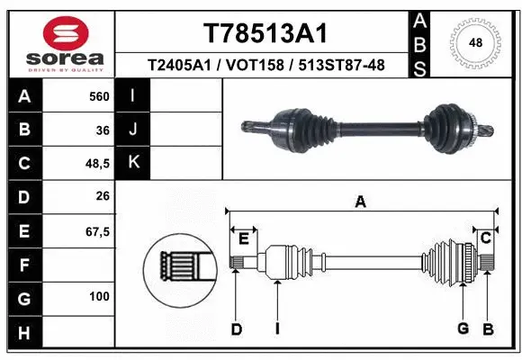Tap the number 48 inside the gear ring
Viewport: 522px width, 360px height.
click(476, 41)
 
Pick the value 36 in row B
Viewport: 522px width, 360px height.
click(103, 130)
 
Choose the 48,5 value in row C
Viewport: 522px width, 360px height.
click(96, 164)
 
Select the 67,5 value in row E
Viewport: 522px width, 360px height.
click(96, 231)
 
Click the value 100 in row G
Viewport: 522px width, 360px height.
click(99, 296)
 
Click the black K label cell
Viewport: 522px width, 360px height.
click(133, 163)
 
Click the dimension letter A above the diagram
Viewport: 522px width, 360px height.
click(360, 202)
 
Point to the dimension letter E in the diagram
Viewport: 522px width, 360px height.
click(243, 238)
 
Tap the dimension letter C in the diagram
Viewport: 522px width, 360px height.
click(485, 238)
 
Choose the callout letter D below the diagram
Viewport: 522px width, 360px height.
click(236, 329)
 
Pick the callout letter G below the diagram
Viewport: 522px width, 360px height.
click(463, 329)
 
